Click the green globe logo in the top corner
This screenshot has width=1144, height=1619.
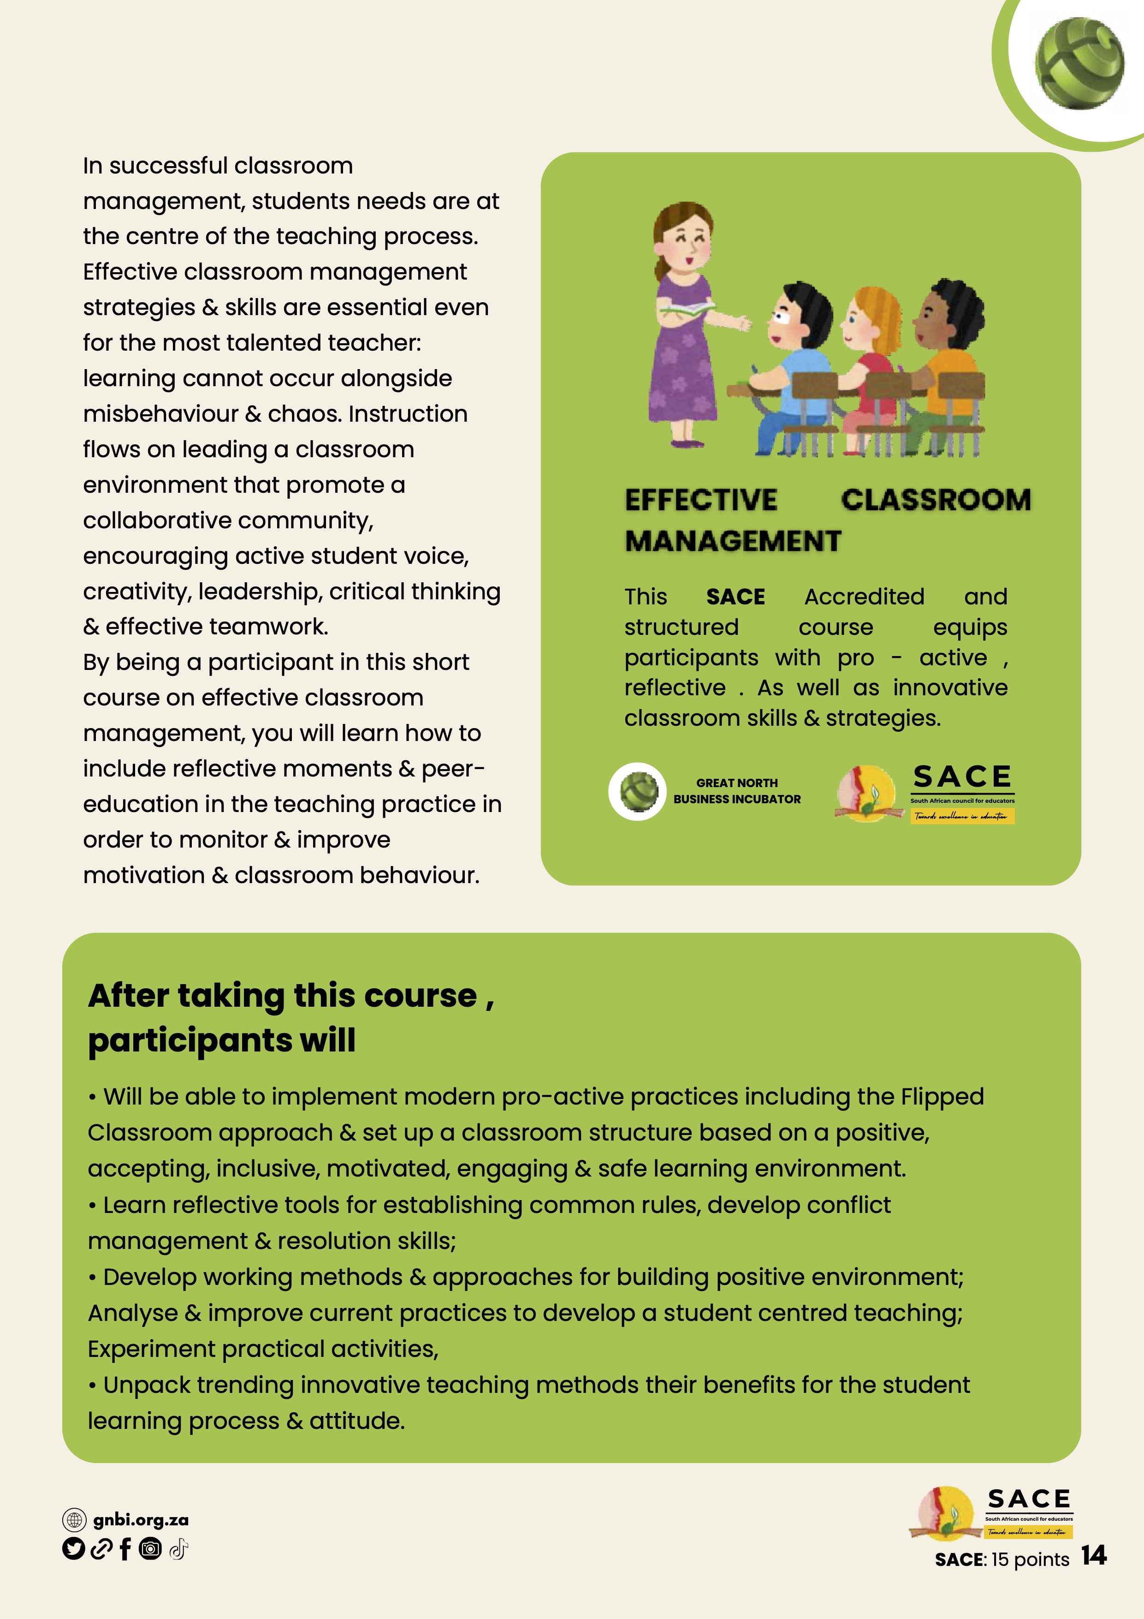(1079, 64)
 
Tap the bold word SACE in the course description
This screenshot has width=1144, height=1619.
(735, 597)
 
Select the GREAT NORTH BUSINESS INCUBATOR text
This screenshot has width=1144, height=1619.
(736, 791)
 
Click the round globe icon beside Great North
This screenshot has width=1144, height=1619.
(638, 791)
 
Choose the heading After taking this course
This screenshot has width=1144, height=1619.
(290, 1017)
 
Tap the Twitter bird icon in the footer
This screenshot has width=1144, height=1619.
(73, 1549)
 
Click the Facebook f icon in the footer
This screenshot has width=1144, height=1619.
(125, 1549)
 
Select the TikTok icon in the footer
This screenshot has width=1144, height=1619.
(178, 1549)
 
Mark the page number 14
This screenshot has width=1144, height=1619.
(1093, 1555)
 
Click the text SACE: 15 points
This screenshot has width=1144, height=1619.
(1002, 1559)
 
